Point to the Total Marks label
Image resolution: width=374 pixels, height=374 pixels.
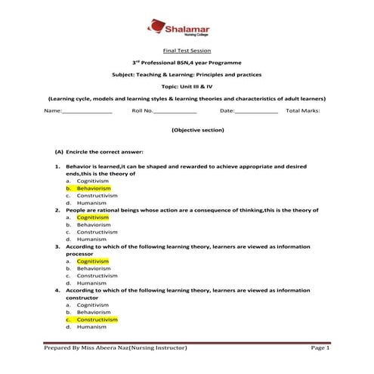pyautogui.click(x=303, y=110)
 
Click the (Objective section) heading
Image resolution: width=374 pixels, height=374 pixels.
pyautogui.click(x=186, y=130)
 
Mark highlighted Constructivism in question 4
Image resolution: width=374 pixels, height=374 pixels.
pyautogui.click(x=97, y=320)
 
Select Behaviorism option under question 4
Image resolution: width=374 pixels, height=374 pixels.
pyautogui.click(x=94, y=312)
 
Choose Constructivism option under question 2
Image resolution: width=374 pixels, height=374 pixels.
pyautogui.click(x=97, y=231)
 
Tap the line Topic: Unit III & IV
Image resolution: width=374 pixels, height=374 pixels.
pyautogui.click(x=186, y=87)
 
